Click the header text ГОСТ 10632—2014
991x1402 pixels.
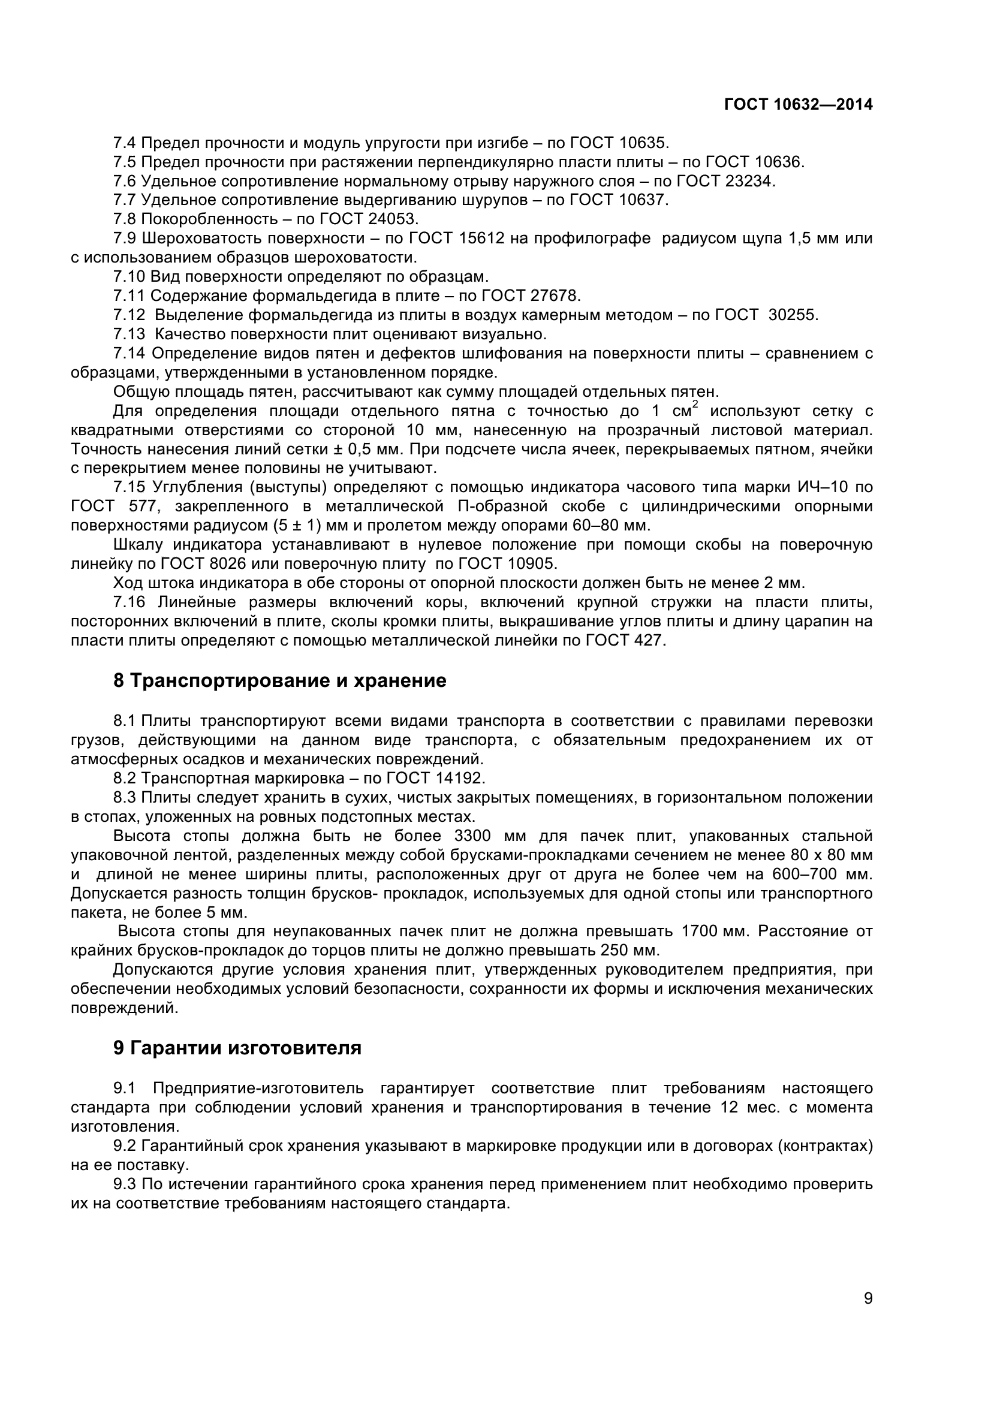point(798,104)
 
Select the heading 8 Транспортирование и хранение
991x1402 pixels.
point(279,681)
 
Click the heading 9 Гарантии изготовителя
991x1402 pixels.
point(237,1048)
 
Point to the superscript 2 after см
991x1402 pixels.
point(695,404)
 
